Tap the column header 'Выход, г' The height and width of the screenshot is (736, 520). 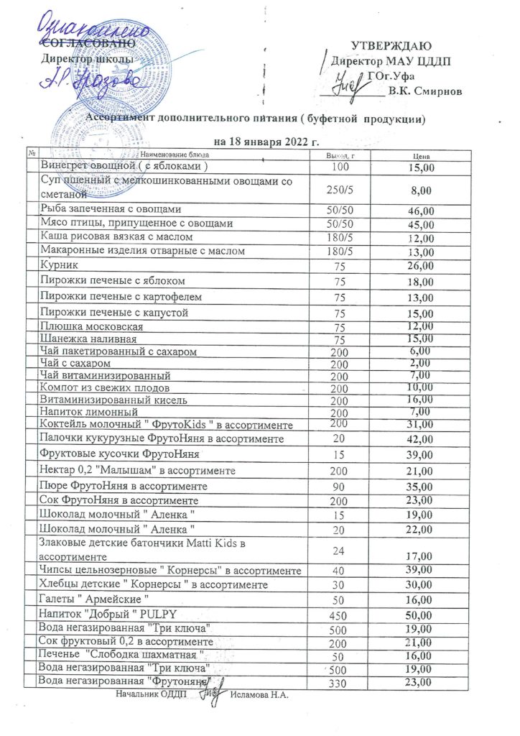[338, 155]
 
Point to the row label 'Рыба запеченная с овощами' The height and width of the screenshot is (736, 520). [106, 209]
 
